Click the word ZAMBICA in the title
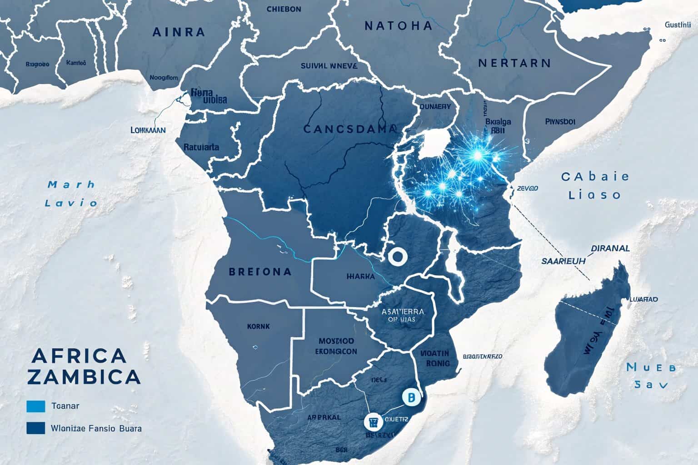(83, 376)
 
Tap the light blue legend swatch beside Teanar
(36, 406)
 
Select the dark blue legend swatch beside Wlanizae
(36, 428)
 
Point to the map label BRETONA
(260, 272)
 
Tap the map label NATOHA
(398, 26)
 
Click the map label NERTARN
(514, 63)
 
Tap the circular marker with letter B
(409, 397)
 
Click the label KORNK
(258, 326)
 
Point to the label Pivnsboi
(559, 122)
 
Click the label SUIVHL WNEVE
(329, 65)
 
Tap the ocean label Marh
(71, 184)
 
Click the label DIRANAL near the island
(610, 248)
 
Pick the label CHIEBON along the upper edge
(284, 9)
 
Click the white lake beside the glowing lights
(435, 144)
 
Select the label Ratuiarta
(201, 147)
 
